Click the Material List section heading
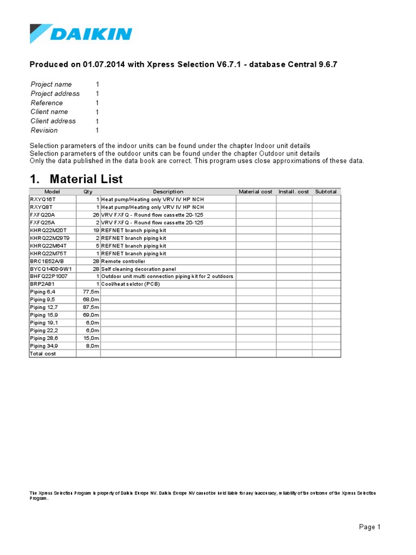pyautogui.click(x=76, y=179)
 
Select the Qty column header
pyautogui.click(x=88, y=192)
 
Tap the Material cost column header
pyautogui.click(x=256, y=192)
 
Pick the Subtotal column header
pyautogui.click(x=326, y=192)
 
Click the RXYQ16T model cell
pyautogui.click(x=41, y=199)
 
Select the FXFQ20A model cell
pyautogui.click(x=42, y=215)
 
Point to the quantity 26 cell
pyautogui.click(x=95, y=215)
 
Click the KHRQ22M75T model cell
pyautogui.click(x=45, y=254)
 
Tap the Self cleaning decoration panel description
pyautogui.click(x=139, y=269)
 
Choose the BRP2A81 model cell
pyautogui.click(x=42, y=284)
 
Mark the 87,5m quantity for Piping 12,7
pyautogui.click(x=90, y=307)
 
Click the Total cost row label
pyautogui.click(x=43, y=353)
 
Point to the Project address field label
pyautogui.click(x=55, y=94)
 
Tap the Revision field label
pyautogui.click(x=44, y=131)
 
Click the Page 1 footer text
pyautogui.click(x=370, y=527)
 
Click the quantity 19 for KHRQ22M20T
pyautogui.click(x=95, y=230)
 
